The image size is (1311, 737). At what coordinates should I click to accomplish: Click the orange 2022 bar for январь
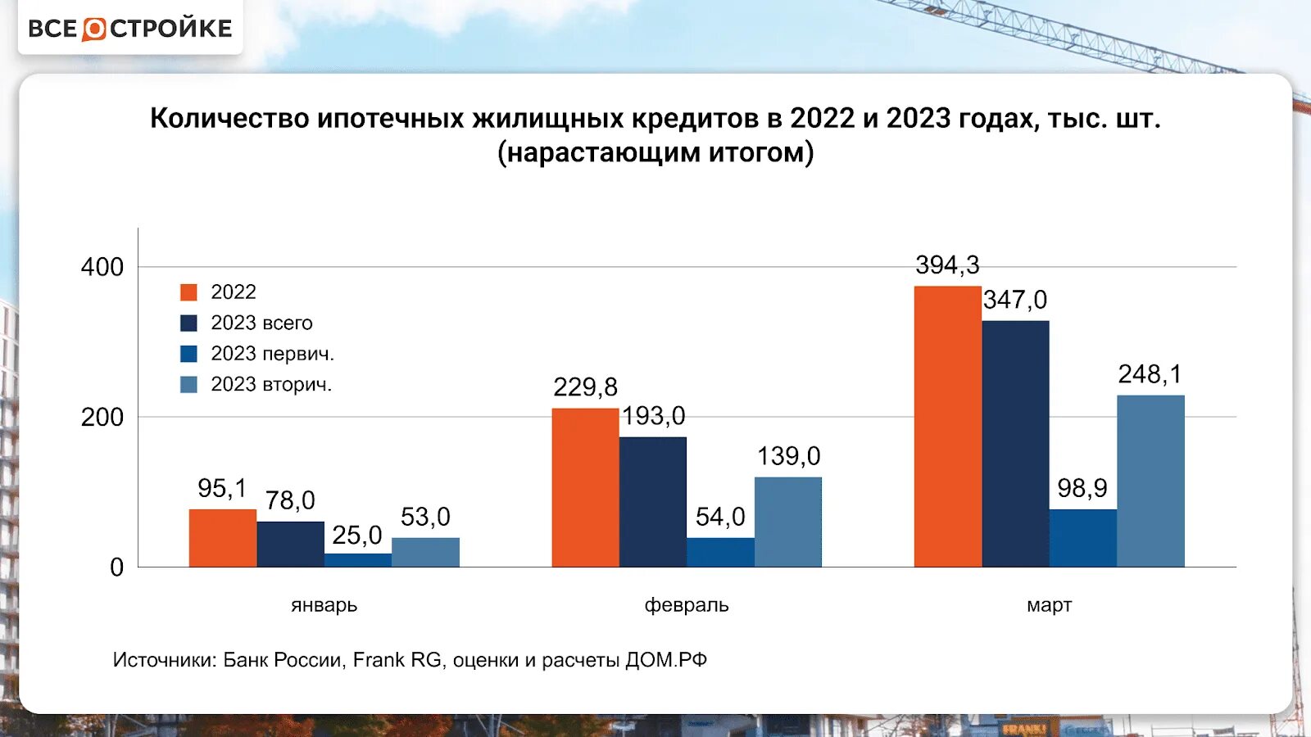coord(223,538)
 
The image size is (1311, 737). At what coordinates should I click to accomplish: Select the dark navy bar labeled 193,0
coord(653,502)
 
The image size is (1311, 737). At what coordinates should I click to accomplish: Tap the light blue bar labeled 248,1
coord(1150,481)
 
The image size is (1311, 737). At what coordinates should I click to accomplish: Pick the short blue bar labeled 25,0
coord(358,560)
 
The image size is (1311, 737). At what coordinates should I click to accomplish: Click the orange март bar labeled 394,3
coord(948,426)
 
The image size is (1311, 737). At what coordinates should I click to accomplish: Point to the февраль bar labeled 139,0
coord(788,522)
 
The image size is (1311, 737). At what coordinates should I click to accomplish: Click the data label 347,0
coord(1015,300)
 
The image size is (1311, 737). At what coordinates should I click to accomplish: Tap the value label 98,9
coord(1082,488)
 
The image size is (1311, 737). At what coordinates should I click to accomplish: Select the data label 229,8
coord(585,387)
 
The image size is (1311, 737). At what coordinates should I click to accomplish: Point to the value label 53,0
coord(425,517)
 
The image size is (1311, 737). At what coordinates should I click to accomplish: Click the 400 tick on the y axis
coord(102,267)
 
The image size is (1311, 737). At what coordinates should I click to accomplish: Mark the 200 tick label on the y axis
coord(102,418)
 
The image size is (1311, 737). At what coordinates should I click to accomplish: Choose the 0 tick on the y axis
coord(116,567)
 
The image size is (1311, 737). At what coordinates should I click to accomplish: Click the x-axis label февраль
coord(687,605)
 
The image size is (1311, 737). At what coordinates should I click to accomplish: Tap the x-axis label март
coord(1049,605)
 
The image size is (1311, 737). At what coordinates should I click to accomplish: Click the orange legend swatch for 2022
coord(188,292)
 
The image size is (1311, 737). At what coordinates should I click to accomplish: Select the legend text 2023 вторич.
coord(271,384)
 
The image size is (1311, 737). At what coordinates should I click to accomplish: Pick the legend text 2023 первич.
coord(272,354)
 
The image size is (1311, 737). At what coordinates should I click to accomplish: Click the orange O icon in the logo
coord(94,29)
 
